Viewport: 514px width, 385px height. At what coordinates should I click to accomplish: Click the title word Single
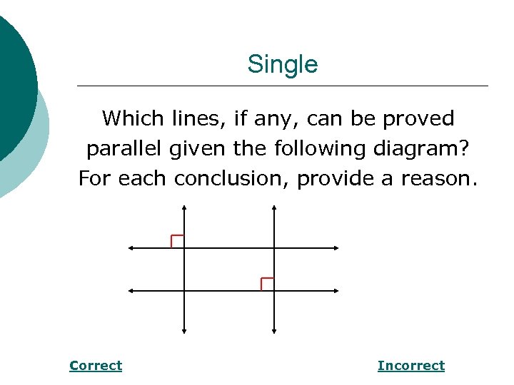coord(282,65)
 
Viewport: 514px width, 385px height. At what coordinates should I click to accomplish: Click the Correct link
coord(96,366)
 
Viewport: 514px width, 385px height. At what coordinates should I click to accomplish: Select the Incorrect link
coord(410,366)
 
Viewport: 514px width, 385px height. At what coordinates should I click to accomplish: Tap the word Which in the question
coord(133,118)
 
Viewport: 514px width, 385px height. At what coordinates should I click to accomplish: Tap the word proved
coord(418,118)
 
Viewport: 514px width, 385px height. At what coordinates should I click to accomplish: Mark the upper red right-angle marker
coord(177,241)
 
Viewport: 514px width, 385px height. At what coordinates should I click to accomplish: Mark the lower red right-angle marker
coord(267,283)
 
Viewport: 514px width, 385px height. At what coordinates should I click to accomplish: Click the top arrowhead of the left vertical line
coord(184,208)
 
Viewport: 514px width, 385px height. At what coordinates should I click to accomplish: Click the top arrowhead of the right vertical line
coord(275,208)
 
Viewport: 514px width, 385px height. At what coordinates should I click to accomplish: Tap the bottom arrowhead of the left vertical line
coord(184,330)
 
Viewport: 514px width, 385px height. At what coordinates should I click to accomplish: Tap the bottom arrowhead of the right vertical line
coord(275,330)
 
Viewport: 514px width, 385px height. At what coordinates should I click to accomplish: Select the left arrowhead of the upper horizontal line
coord(131,248)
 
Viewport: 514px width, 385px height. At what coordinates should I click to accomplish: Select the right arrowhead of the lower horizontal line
coord(336,291)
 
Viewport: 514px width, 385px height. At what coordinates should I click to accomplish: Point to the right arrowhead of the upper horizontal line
coord(336,248)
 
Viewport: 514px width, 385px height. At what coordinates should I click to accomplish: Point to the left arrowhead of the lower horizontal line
coord(131,291)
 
